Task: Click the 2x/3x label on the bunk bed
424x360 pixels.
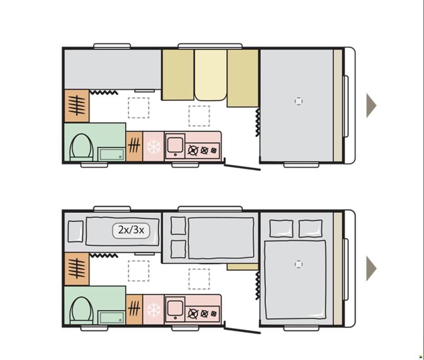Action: click(131, 230)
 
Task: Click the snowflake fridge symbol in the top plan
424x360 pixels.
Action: click(154, 147)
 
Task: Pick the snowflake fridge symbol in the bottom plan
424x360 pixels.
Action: click(154, 310)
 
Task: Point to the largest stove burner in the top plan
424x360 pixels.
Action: click(193, 150)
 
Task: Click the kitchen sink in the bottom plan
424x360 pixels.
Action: click(175, 309)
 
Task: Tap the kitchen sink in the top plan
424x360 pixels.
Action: click(175, 145)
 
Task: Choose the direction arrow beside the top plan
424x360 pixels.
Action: click(371, 105)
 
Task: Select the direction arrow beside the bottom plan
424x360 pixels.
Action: click(371, 268)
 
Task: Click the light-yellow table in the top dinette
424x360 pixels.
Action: click(211, 75)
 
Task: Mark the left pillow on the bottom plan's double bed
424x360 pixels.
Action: click(281, 229)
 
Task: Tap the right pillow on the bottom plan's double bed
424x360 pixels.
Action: click(310, 229)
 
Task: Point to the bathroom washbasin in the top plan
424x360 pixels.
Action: click(111, 154)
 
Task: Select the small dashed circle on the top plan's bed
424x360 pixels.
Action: click(299, 101)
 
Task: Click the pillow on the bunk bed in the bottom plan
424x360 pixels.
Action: click(75, 231)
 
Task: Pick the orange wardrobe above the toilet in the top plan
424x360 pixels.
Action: click(77, 106)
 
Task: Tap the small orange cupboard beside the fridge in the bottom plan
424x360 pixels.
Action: click(134, 310)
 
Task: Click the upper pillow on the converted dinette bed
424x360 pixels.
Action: click(178, 225)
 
